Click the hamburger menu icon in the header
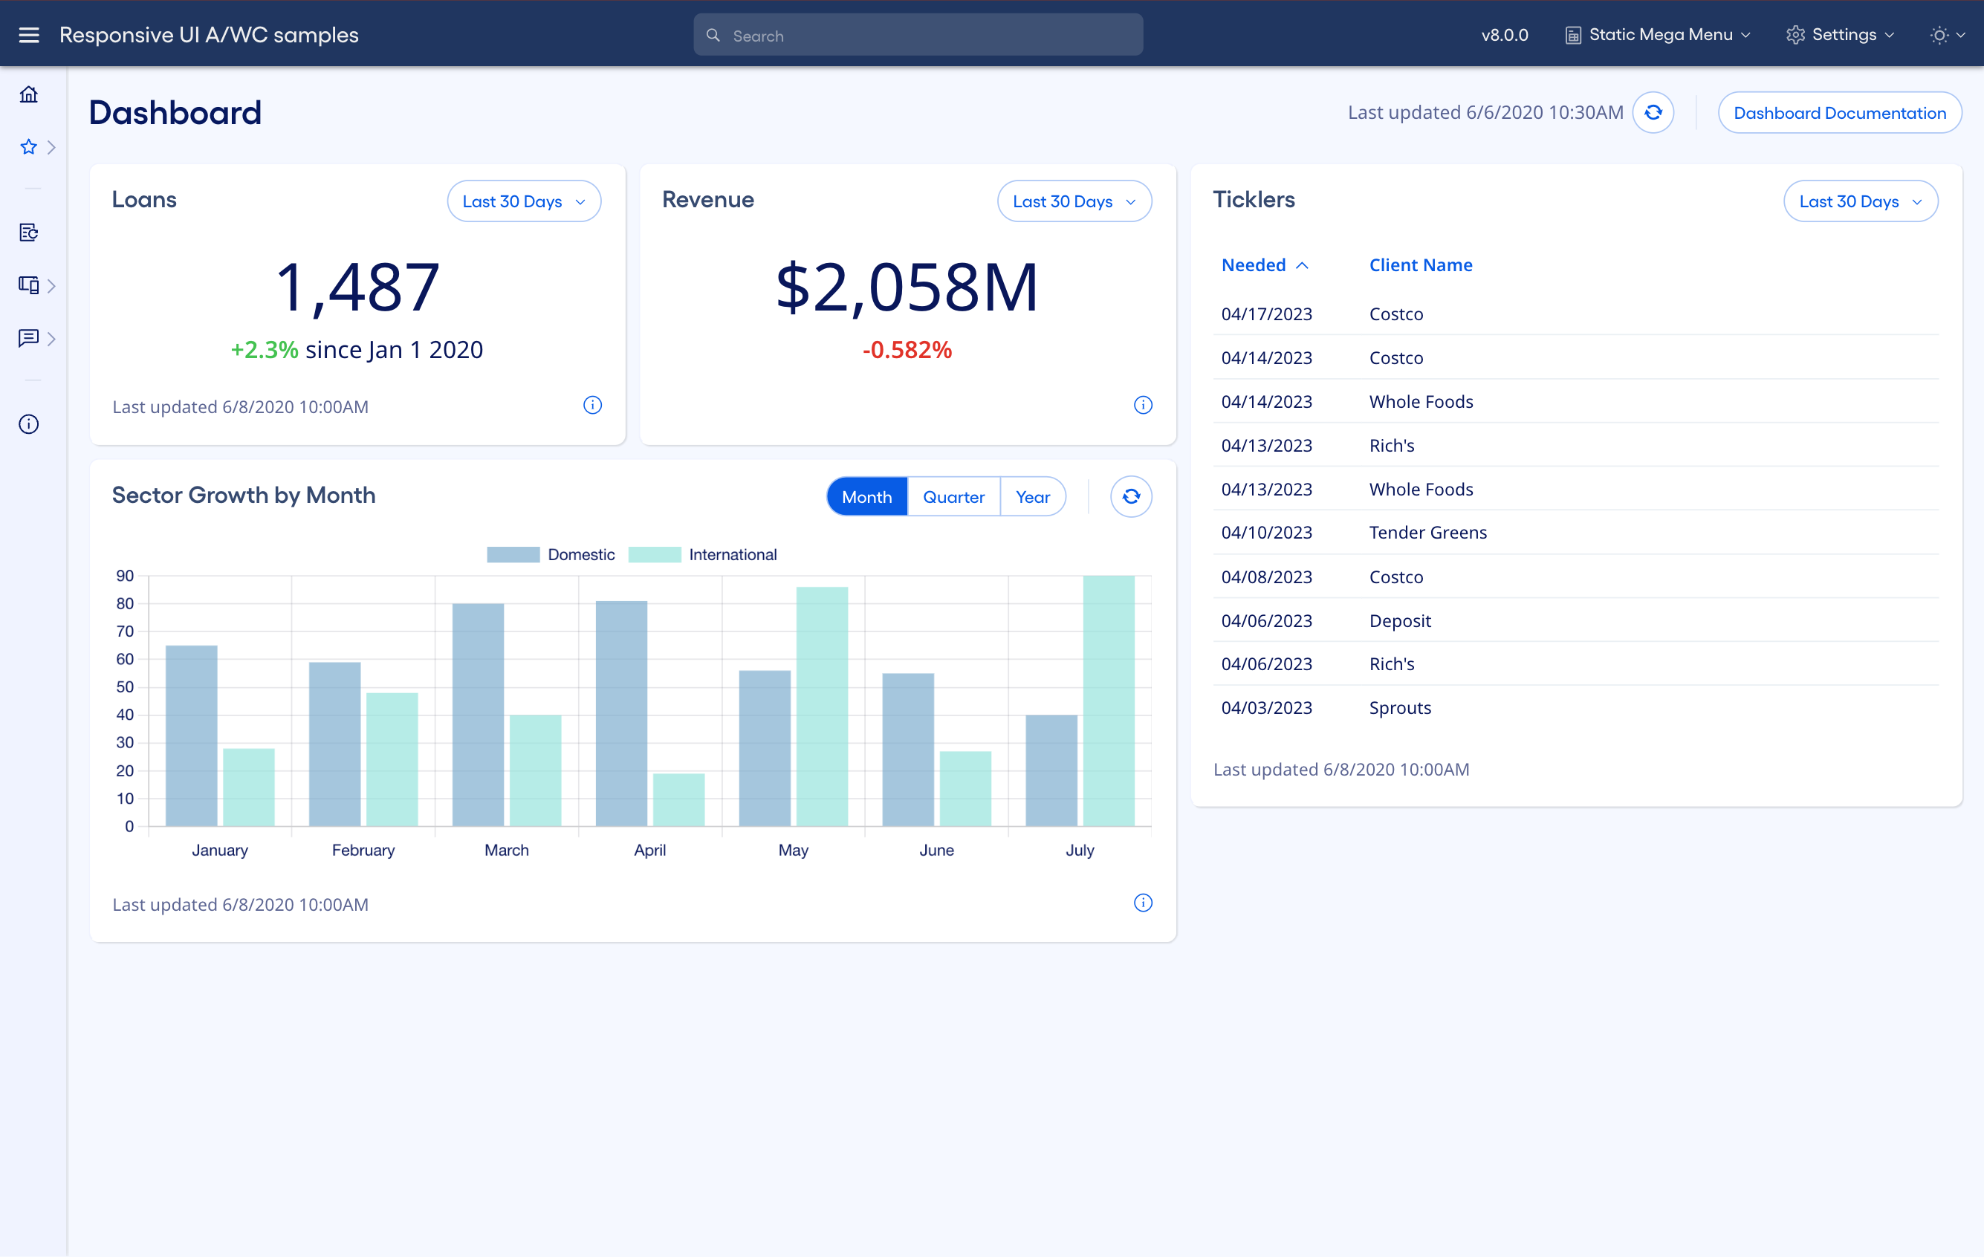pos(29,35)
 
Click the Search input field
pos(918,36)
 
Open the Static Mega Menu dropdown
pos(1658,35)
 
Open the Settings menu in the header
pos(1841,35)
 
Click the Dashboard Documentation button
pos(1839,113)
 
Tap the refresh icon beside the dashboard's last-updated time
pos(1653,113)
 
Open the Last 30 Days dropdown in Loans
pos(523,202)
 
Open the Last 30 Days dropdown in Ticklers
pos(1860,202)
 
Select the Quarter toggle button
pos(953,497)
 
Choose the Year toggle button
pos(1032,497)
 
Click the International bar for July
pos(1108,700)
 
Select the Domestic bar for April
pos(621,713)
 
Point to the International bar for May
pos(821,706)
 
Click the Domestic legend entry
pos(551,554)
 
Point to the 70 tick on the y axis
pos(126,631)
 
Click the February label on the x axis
pos(363,850)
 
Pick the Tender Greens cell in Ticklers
pos(1428,533)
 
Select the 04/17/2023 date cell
pos(1266,314)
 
